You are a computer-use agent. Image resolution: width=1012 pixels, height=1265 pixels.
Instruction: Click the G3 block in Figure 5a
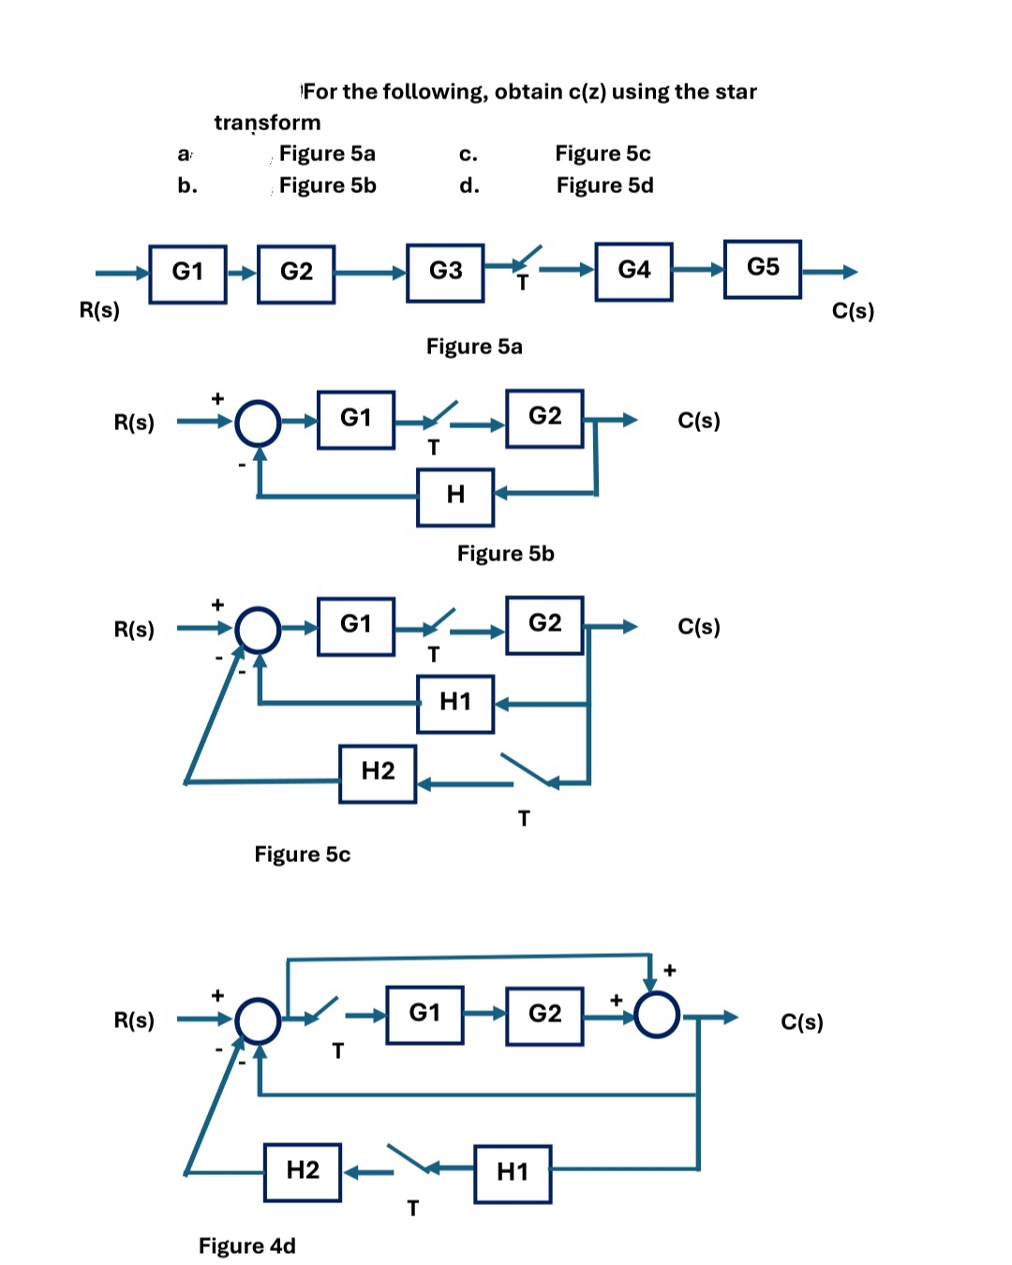click(445, 273)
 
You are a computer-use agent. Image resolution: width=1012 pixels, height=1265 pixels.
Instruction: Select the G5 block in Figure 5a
click(762, 269)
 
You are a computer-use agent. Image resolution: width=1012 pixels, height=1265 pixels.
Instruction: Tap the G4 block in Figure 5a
click(633, 272)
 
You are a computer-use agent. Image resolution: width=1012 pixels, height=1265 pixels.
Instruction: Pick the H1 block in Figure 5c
click(455, 703)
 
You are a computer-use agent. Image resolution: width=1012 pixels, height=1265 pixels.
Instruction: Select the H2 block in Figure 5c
click(378, 773)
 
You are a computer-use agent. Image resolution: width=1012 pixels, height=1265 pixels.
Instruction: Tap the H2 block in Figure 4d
click(303, 1171)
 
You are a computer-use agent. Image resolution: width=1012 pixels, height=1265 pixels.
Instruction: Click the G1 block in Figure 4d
click(424, 1014)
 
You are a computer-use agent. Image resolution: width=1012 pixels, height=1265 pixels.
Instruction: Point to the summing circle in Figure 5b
click(258, 423)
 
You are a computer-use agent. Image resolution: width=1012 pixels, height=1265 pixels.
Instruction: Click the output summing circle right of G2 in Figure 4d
click(657, 1016)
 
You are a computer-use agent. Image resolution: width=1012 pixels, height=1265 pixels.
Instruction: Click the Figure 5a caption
click(474, 347)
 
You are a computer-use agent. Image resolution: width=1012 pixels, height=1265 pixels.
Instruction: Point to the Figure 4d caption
click(246, 1245)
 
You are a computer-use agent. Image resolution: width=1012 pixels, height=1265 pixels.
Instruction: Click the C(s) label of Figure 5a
click(853, 311)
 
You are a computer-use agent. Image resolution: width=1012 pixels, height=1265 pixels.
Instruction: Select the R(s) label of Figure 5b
click(134, 423)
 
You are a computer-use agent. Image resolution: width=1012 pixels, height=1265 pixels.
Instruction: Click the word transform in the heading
click(267, 123)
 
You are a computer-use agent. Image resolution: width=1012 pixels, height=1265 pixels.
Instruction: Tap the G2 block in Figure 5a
click(296, 273)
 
